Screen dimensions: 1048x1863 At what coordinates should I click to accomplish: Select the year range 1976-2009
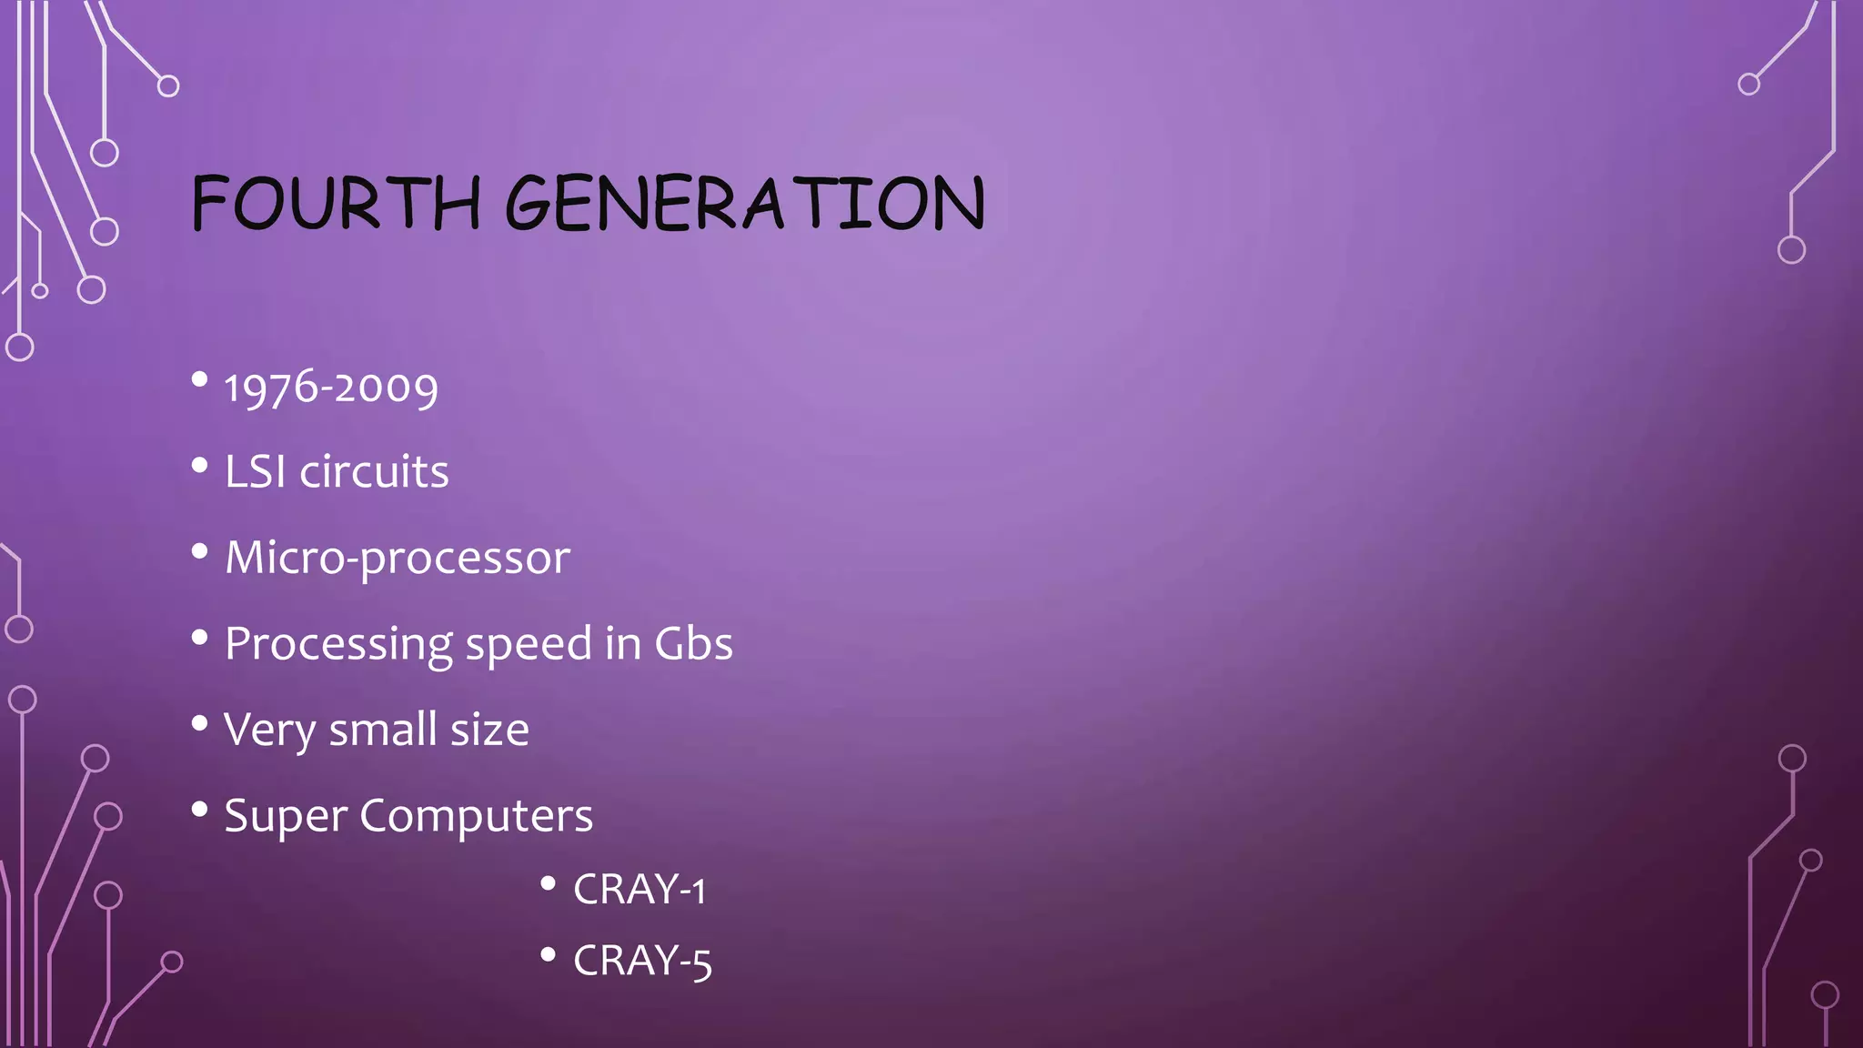point(331,388)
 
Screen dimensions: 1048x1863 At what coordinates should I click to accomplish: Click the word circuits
point(375,472)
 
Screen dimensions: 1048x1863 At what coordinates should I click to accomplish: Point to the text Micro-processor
point(398,558)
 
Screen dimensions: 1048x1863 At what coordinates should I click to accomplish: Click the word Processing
point(338,645)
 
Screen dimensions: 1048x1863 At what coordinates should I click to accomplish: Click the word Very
point(269,731)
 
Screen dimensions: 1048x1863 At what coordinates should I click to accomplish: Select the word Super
point(285,816)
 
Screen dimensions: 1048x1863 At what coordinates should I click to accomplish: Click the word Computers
point(476,815)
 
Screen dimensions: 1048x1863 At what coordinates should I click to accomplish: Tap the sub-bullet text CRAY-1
point(639,889)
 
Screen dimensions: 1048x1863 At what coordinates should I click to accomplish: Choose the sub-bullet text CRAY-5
point(642,961)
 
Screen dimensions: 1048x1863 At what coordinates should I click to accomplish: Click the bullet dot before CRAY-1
point(548,882)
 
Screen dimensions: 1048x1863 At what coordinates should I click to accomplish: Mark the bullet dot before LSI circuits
point(200,466)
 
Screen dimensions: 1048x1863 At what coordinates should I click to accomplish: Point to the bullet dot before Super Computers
point(200,809)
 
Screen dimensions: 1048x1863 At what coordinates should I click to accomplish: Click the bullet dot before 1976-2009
point(200,379)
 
